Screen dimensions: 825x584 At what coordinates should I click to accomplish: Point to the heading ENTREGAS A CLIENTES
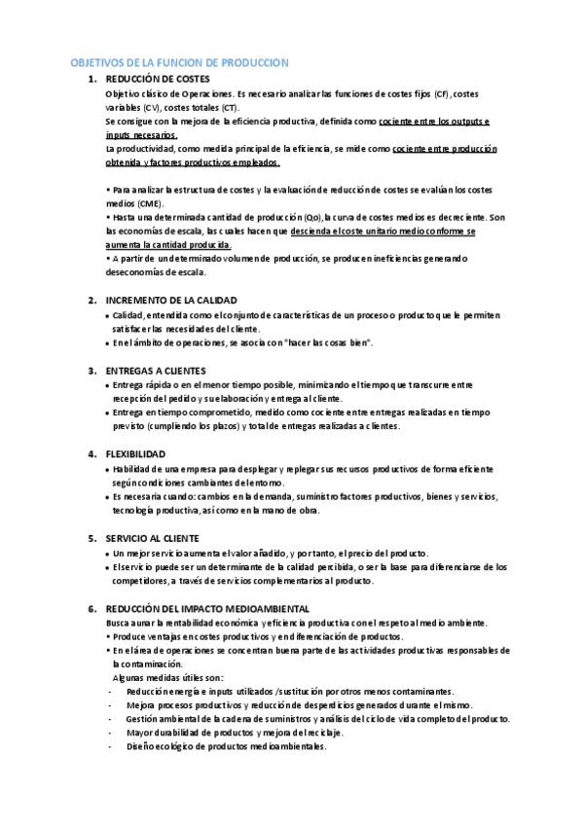pyautogui.click(x=155, y=371)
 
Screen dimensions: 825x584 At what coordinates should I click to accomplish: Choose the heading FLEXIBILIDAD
pyautogui.click(x=135, y=454)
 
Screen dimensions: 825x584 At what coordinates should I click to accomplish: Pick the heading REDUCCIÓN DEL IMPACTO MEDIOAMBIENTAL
pyautogui.click(x=206, y=608)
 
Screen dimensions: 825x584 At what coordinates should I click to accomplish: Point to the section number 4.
pyautogui.click(x=91, y=454)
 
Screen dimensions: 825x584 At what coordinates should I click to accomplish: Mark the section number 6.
pyautogui.click(x=91, y=608)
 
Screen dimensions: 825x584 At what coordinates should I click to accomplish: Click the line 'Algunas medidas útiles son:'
pyautogui.click(x=168, y=677)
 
